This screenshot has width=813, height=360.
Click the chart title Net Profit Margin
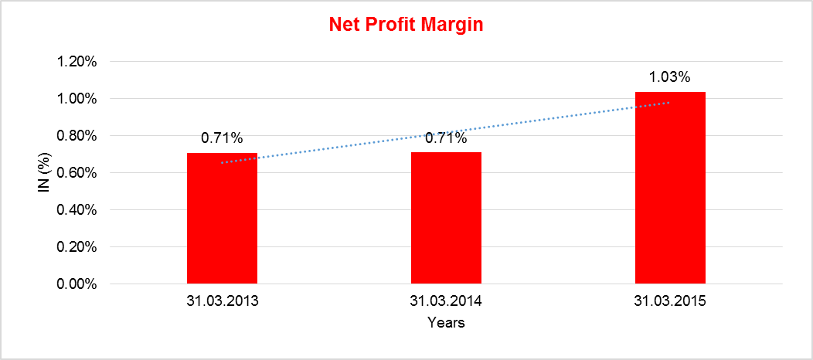tap(406, 25)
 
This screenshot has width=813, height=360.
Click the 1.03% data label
tap(669, 77)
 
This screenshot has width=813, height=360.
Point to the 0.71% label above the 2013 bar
tap(223, 139)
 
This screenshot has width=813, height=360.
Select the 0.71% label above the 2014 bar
tap(446, 139)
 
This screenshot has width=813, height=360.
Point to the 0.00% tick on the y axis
tap(77, 284)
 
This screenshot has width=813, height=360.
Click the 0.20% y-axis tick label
tap(77, 247)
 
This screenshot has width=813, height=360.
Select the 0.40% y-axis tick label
tap(77, 210)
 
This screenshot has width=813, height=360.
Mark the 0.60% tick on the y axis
tap(77, 173)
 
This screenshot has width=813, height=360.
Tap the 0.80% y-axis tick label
tap(77, 136)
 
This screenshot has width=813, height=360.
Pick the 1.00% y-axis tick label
tap(77, 99)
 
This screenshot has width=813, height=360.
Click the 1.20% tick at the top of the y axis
tap(77, 62)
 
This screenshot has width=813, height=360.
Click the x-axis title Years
tap(446, 322)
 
